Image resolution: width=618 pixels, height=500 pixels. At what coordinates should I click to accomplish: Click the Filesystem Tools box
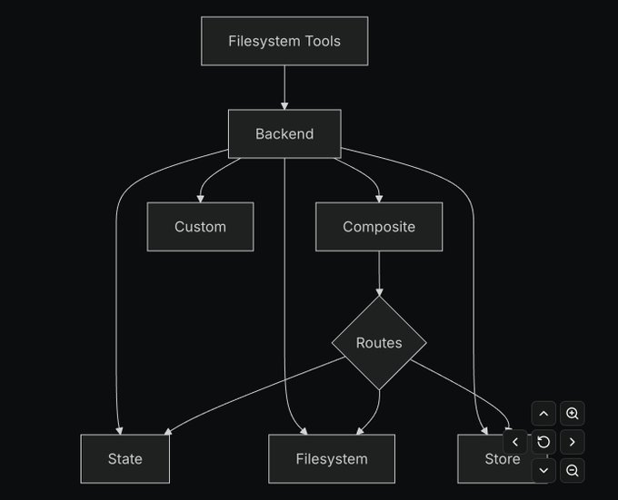pos(284,41)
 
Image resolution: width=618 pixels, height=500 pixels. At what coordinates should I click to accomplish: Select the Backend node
pos(284,133)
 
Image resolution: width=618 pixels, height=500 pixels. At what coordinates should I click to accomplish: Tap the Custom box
pos(200,227)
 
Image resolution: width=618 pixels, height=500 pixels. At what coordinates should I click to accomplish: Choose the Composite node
pos(379,227)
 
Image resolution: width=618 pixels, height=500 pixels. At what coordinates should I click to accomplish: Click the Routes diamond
pos(379,343)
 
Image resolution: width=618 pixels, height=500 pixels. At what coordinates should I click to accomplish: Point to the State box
pos(125,458)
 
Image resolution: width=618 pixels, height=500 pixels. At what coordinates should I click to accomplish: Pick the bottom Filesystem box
pos(332,458)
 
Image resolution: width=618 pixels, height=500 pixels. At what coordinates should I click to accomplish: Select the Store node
pos(482,460)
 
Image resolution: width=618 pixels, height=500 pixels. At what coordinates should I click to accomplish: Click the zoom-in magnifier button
pos(573,414)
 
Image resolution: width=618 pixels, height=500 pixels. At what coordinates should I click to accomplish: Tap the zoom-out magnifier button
pos(573,470)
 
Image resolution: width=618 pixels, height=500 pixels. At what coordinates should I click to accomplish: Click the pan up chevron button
pos(543,414)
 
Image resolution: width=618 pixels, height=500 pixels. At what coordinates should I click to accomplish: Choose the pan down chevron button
pos(543,470)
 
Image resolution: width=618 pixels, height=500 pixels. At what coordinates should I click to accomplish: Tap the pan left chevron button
pos(515,442)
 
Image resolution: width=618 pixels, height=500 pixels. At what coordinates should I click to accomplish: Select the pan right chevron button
pos(573,442)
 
